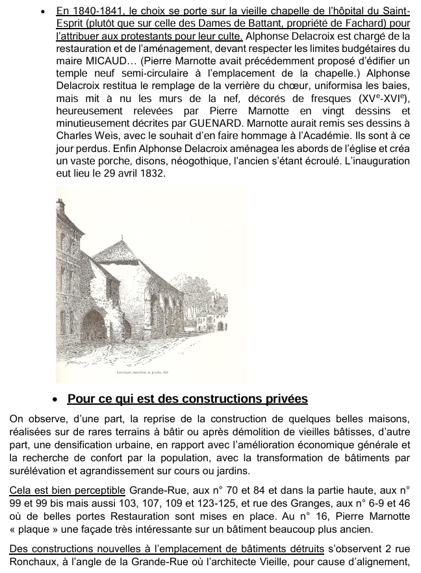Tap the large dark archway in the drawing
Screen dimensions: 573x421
94,328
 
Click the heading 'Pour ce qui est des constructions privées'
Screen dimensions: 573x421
187,399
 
